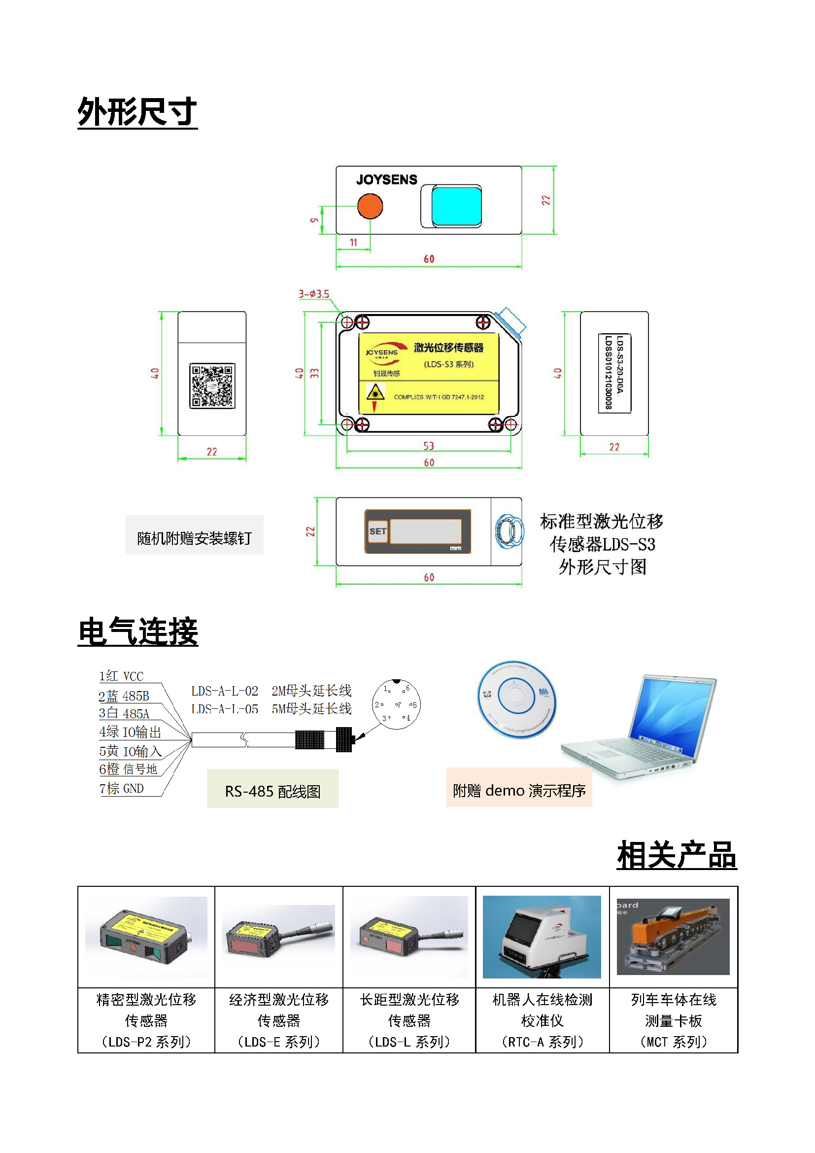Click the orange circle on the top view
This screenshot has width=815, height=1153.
click(370, 206)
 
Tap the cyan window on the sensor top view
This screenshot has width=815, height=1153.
click(456, 206)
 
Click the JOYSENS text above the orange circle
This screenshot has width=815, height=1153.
click(386, 179)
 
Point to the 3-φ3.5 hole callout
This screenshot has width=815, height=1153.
click(314, 294)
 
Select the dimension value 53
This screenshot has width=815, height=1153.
click(429, 446)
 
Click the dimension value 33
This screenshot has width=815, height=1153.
click(315, 373)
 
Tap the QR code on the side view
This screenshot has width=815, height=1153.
click(212, 385)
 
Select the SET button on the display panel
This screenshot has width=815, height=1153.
click(378, 531)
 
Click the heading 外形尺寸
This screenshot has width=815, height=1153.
click(137, 111)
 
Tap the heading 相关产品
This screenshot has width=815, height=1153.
click(677, 855)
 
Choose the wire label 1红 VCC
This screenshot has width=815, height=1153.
click(121, 676)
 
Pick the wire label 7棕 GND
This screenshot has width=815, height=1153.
click(121, 788)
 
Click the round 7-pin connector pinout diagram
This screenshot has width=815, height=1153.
click(396, 704)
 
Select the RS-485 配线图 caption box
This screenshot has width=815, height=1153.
click(272, 791)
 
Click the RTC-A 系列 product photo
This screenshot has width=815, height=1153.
click(542, 937)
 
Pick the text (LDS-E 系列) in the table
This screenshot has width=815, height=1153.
click(278, 1042)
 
